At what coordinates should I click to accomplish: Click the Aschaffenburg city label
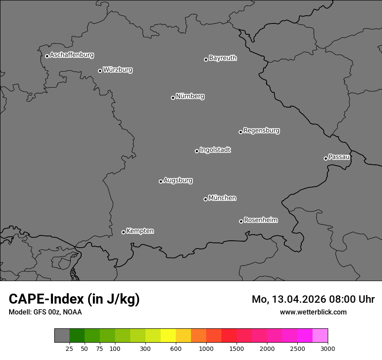(72, 55)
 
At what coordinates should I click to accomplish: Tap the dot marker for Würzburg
(100, 71)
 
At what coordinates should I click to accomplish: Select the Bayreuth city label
(223, 58)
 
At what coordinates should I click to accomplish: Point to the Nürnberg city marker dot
(173, 98)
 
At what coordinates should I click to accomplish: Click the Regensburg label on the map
(261, 131)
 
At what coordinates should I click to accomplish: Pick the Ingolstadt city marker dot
(197, 151)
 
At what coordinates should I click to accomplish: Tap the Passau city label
(339, 157)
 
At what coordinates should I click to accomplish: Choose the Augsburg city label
(178, 180)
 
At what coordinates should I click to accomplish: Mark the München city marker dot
(205, 199)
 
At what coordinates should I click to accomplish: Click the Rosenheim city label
(260, 220)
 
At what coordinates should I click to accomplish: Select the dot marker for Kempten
(123, 232)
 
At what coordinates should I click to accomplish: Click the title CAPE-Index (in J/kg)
(74, 299)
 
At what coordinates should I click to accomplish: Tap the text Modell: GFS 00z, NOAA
(45, 312)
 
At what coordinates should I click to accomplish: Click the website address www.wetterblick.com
(313, 312)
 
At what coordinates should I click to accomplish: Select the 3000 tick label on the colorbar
(328, 348)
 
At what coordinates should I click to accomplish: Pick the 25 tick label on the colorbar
(69, 348)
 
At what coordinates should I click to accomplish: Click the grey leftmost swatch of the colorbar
(62, 336)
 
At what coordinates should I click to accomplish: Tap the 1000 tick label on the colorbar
(206, 348)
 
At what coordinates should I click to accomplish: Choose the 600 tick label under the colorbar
(176, 348)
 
